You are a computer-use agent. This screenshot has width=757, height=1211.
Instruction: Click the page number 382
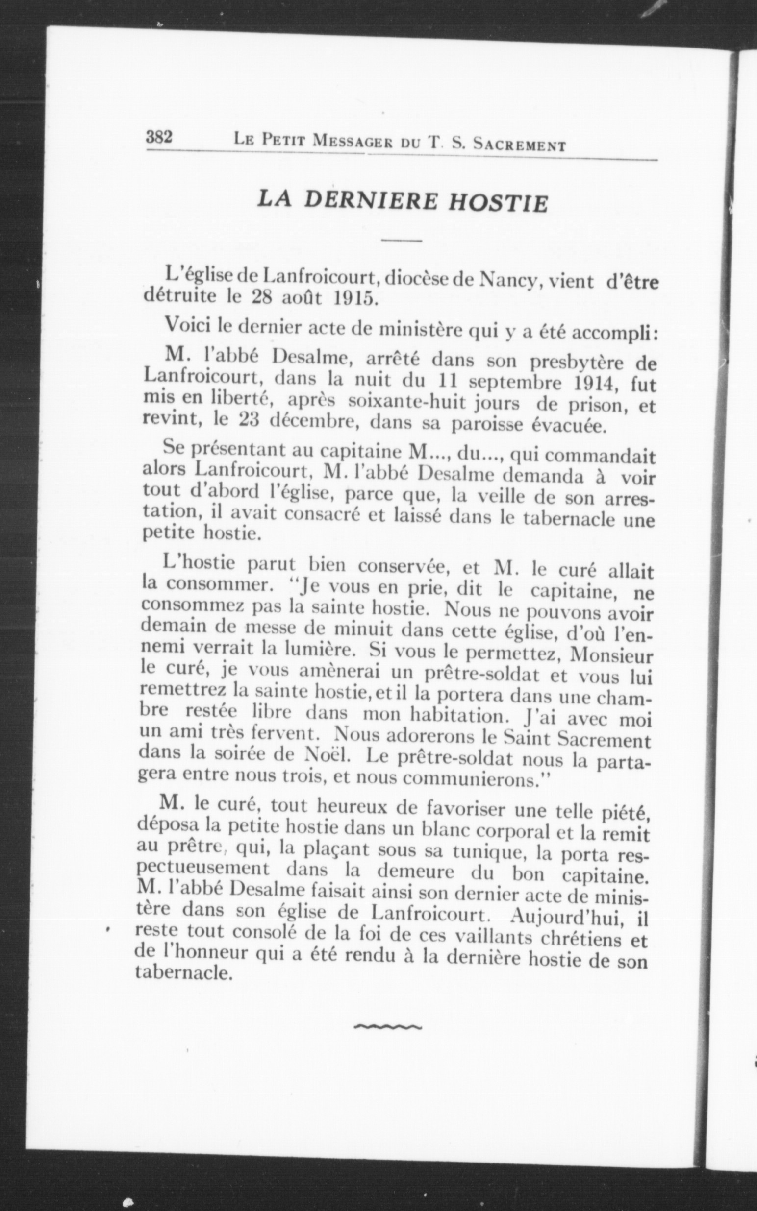[159, 137]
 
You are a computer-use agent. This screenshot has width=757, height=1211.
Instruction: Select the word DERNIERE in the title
[371, 201]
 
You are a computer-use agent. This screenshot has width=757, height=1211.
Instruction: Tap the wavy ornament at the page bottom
[387, 1027]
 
